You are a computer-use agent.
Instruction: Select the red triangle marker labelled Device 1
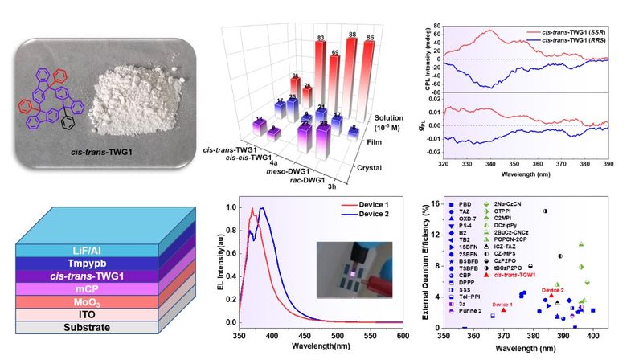pyautogui.click(x=504, y=310)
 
